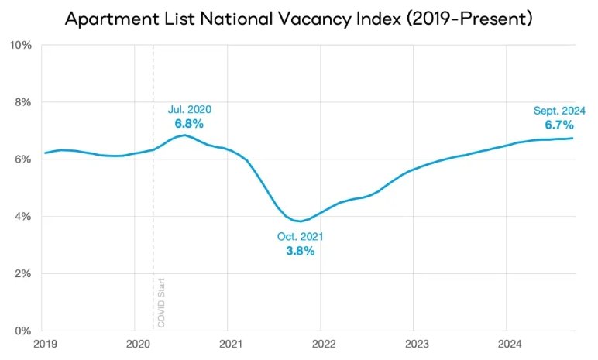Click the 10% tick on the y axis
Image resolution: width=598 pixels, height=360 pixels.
point(21,46)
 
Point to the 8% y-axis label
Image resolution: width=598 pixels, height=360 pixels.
point(23,102)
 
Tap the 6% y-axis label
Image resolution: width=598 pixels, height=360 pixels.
point(23,159)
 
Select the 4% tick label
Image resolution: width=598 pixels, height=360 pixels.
point(23,217)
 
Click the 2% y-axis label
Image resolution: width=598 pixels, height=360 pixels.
point(23,274)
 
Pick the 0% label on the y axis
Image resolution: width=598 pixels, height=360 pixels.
point(23,331)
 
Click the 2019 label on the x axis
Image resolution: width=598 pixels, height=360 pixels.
point(46,344)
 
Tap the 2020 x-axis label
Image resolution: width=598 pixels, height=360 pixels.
point(138,344)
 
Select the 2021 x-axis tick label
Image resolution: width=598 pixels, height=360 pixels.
point(231,344)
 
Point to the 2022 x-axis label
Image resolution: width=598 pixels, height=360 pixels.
point(324,344)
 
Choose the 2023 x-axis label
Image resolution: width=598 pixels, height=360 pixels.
point(417,344)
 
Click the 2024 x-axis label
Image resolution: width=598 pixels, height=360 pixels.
point(510,344)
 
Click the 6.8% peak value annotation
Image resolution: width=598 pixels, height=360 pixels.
point(189,124)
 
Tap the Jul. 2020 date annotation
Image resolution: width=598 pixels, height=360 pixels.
point(190,109)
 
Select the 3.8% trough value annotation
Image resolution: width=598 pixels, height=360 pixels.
point(301,251)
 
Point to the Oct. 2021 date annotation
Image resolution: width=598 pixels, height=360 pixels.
point(300,237)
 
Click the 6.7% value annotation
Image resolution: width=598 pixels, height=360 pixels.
point(559,125)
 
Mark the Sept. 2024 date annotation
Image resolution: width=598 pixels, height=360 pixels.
point(559,111)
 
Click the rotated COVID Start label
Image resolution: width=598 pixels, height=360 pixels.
point(161,303)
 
